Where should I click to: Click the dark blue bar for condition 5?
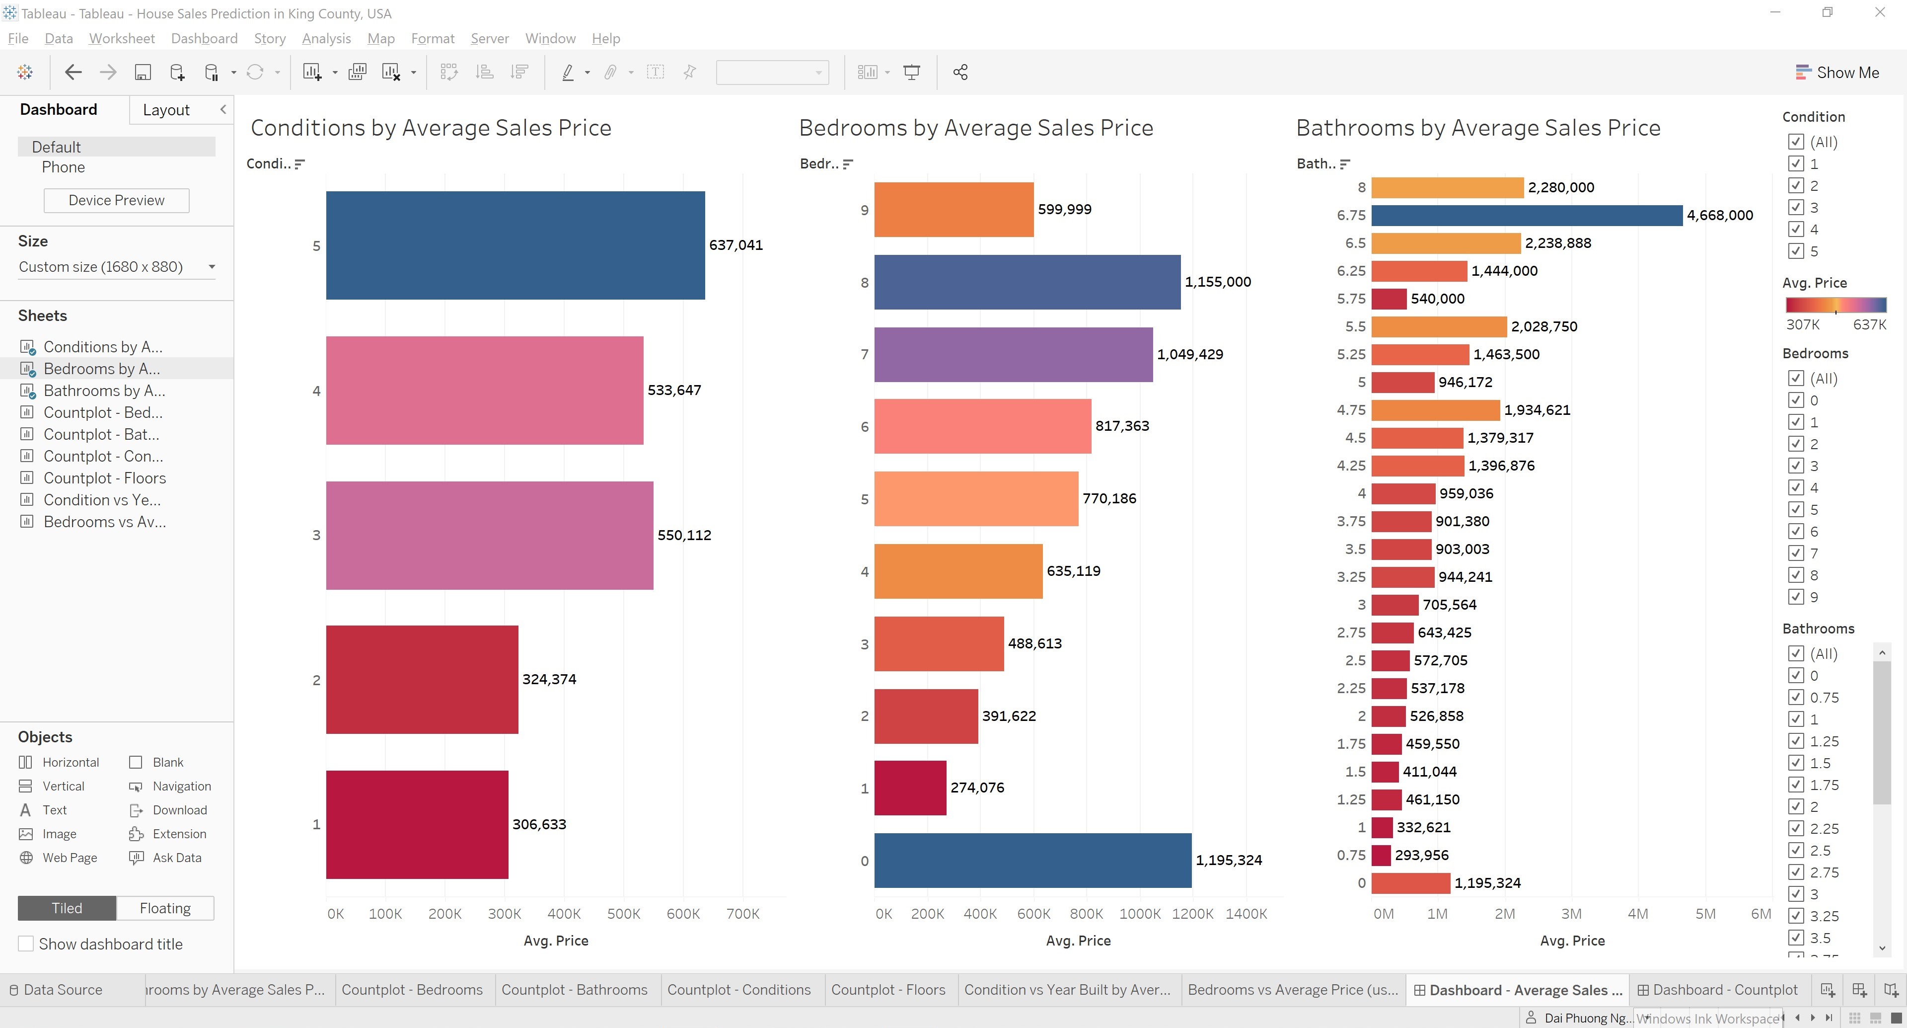[x=515, y=245]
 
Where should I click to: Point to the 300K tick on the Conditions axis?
[x=504, y=913]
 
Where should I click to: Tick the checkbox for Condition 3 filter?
[x=1795, y=207]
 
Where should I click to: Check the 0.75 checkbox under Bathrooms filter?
[x=1795, y=697]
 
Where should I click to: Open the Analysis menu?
[x=326, y=39]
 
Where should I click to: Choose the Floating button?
[x=165, y=908]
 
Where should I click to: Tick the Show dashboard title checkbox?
[x=26, y=944]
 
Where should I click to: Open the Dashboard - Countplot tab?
[x=1717, y=989]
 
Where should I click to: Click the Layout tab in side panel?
[x=166, y=110]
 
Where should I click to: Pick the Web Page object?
[x=69, y=858]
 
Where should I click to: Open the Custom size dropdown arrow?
[x=212, y=267]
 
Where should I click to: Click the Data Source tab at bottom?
[x=62, y=989]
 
